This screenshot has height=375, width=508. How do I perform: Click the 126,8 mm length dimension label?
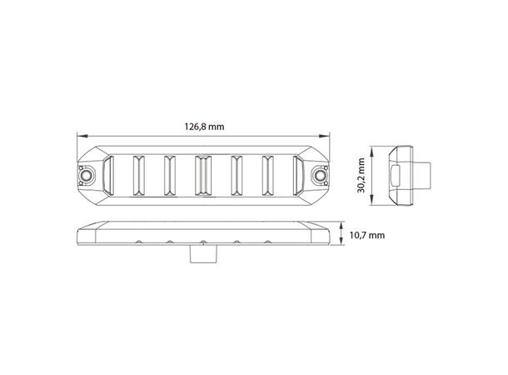pyautogui.click(x=204, y=127)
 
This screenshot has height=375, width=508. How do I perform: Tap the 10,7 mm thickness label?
pyautogui.click(x=366, y=236)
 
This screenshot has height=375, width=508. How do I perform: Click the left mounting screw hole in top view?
pyautogui.click(x=85, y=177)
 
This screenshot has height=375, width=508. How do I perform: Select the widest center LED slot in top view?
pyautogui.click(x=202, y=177)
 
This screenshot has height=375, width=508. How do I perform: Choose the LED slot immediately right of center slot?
pyautogui.click(x=236, y=177)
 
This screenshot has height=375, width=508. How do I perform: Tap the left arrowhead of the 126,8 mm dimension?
pyautogui.click(x=78, y=137)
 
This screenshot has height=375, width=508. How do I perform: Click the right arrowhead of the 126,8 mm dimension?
pyautogui.click(x=327, y=137)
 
